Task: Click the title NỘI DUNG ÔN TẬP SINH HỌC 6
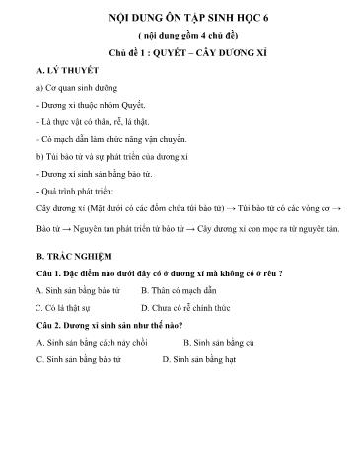(180, 18)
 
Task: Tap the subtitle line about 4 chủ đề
(180, 35)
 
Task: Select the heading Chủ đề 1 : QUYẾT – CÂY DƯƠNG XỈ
(180, 52)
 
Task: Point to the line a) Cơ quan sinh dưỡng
(73, 90)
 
